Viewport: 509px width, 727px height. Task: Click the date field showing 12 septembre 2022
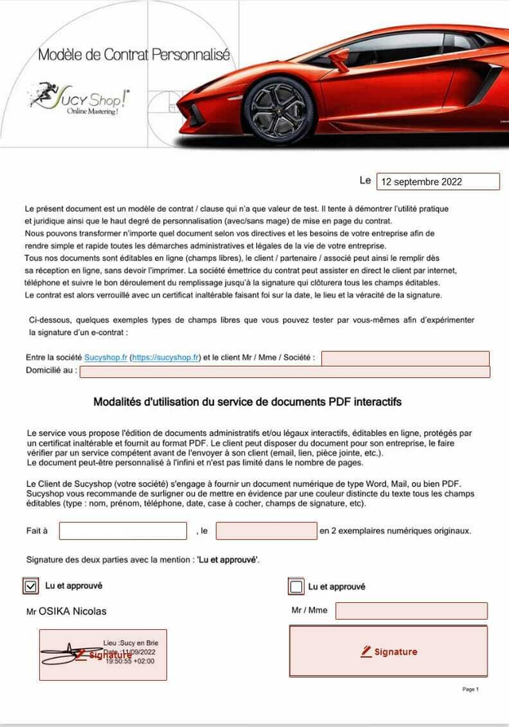coord(437,181)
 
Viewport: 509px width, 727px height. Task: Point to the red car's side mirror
coord(339,57)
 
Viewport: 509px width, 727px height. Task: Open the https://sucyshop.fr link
coord(165,358)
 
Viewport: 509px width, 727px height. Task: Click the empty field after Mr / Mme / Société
coord(405,358)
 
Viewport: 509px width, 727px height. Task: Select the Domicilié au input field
coord(284,371)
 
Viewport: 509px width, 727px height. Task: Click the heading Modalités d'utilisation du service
coord(247,402)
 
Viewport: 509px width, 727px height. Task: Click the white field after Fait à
coord(122,531)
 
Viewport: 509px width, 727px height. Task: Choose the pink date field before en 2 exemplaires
coord(266,531)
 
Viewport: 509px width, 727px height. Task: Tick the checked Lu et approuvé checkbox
coord(32,586)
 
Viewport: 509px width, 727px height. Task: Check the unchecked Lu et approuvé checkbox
coord(296,587)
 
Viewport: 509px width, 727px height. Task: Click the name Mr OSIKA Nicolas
coord(67,611)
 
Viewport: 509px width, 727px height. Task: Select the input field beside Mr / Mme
coord(410,611)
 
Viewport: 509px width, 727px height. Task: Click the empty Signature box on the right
coord(387,651)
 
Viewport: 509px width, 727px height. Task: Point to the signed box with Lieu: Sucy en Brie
coord(103,654)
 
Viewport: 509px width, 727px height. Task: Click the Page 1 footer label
coord(470,689)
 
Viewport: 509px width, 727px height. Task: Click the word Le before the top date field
coord(365,181)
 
